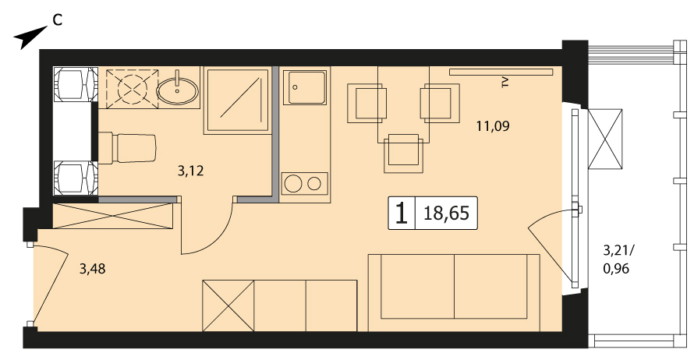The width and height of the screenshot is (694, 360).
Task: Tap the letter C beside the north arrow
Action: tap(57, 20)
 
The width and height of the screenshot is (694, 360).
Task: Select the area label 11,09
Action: tap(493, 126)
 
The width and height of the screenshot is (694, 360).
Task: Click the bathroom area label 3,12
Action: tap(191, 171)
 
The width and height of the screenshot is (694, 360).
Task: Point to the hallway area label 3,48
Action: tap(93, 269)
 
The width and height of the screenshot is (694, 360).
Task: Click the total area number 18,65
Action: tap(446, 214)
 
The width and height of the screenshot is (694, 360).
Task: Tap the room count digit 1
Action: tap(402, 214)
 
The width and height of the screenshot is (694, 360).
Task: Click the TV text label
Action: tap(505, 82)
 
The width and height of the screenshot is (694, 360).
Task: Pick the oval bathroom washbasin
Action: tap(177, 91)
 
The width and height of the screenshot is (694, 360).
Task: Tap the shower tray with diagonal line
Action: tap(238, 100)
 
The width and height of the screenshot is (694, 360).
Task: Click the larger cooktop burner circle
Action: tap(293, 184)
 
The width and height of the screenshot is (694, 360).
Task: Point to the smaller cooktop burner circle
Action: tap(314, 184)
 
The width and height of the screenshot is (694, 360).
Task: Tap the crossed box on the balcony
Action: tap(605, 139)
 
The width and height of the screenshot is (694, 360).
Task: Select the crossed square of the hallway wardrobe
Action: tap(228, 305)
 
